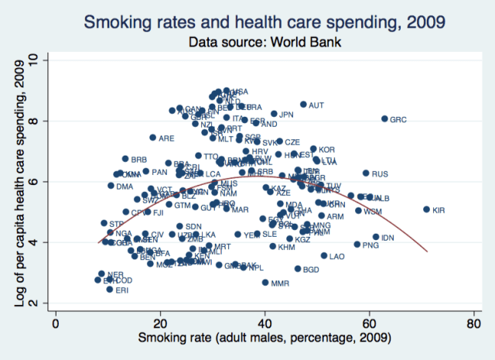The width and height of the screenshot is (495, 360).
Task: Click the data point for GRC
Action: point(384,118)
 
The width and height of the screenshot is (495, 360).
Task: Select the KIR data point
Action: point(426,209)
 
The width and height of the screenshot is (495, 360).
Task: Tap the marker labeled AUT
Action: point(303,104)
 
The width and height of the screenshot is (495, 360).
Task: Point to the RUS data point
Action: point(366,173)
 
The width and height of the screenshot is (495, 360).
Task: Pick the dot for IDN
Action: point(376,237)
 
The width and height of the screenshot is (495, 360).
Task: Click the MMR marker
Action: point(265,283)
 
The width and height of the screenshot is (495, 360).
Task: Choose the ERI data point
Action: point(110,289)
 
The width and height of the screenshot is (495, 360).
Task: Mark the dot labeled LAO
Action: point(324,255)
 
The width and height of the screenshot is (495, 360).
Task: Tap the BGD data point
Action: point(298,269)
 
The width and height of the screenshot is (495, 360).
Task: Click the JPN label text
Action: point(287,115)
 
